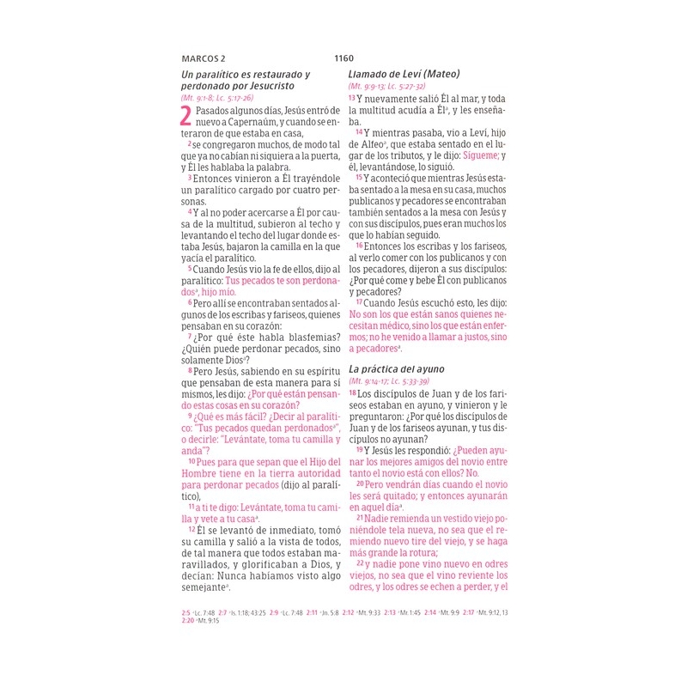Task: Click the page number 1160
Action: [x=343, y=58]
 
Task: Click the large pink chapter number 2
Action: [x=186, y=118]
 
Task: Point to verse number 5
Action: [x=189, y=269]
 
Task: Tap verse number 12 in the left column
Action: [x=192, y=531]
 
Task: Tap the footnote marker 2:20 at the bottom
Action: [x=188, y=620]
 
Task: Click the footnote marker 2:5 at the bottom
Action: [x=185, y=612]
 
